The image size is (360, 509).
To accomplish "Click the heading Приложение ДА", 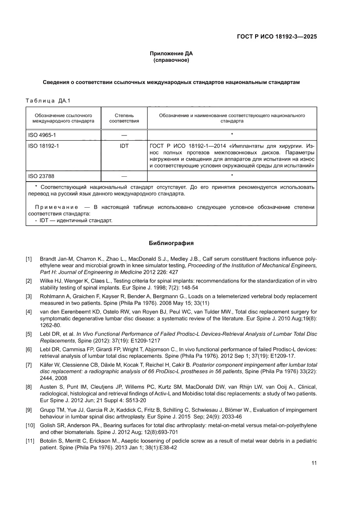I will pos(171,54).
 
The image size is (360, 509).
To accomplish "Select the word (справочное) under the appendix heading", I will pos(171,60).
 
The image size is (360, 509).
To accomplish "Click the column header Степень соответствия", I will pos(124,118).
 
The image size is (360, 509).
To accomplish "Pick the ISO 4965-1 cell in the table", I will pos(42,135).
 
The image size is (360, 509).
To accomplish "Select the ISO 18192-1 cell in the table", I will pos(44,146).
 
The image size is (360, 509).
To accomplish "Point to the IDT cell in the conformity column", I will pos(124,146).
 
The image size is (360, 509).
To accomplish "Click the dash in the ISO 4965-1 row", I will pos(124,135).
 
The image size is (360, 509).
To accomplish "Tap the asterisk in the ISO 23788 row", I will pos(232,176).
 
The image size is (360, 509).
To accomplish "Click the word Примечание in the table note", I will pos(56,207).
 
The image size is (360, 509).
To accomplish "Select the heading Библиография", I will pos(171,243).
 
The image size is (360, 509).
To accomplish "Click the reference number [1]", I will pos(29,259).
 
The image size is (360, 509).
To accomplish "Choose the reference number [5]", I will pos(29,334).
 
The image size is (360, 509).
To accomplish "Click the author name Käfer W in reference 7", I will pos(50,364).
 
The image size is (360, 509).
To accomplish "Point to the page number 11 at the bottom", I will pos(314,463).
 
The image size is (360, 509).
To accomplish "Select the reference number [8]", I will pos(29,387).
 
